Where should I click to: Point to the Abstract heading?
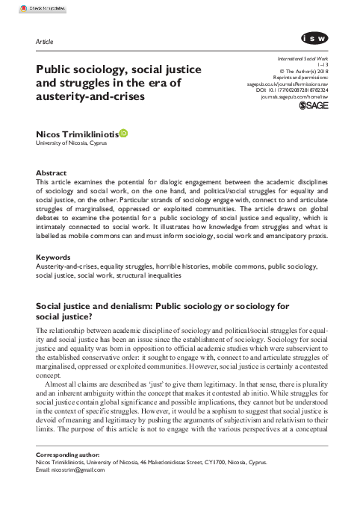point(51,172)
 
